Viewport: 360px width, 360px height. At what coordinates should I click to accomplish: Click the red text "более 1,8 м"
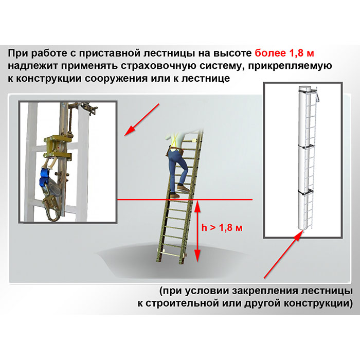(x=284, y=53)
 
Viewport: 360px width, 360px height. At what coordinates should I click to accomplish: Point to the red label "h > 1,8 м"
(x=222, y=228)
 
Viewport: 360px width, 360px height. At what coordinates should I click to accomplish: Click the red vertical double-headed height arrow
(x=197, y=231)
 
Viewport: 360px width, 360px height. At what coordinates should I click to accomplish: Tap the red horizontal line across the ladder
(x=185, y=200)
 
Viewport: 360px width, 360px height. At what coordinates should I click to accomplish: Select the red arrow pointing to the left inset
(x=141, y=120)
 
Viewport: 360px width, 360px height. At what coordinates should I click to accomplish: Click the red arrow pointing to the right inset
(x=283, y=255)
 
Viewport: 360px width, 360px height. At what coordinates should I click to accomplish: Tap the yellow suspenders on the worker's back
(x=174, y=139)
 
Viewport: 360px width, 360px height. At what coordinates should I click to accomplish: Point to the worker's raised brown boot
(x=183, y=188)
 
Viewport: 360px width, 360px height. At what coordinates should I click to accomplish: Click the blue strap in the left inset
(x=46, y=176)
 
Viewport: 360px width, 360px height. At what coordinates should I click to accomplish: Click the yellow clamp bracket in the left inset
(x=58, y=147)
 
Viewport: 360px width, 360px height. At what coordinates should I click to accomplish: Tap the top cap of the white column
(x=304, y=88)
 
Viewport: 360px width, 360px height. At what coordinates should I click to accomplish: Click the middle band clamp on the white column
(x=306, y=147)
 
